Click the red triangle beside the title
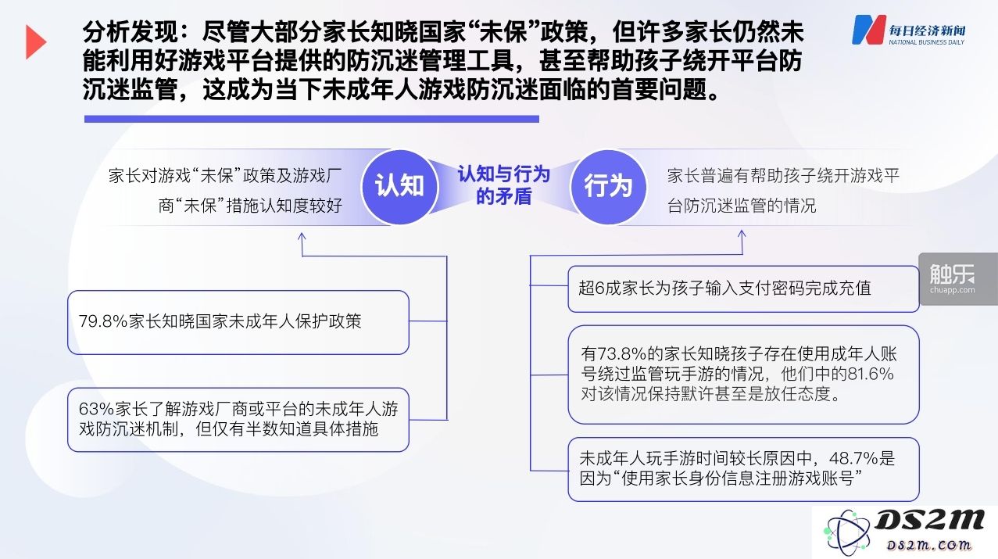(x=34, y=42)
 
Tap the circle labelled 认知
(x=399, y=187)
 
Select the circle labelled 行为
(x=609, y=187)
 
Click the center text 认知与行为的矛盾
(x=504, y=185)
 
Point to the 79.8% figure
(x=103, y=321)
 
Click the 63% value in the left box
(x=96, y=409)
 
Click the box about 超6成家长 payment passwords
(x=743, y=288)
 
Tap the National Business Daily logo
(x=909, y=30)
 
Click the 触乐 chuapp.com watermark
(x=953, y=279)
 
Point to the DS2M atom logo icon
(x=846, y=532)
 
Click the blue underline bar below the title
(x=311, y=119)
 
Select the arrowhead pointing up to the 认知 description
(x=302, y=237)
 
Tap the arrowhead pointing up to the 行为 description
(x=742, y=235)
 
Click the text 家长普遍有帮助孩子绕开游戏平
(x=783, y=176)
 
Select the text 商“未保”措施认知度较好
(x=250, y=206)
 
